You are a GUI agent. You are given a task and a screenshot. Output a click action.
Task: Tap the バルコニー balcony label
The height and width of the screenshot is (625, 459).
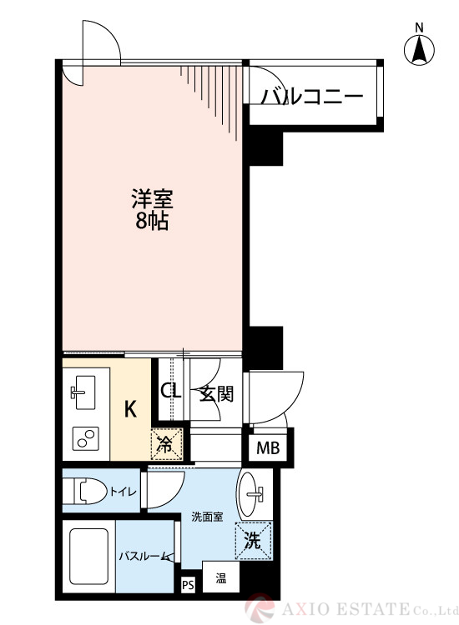(x=312, y=97)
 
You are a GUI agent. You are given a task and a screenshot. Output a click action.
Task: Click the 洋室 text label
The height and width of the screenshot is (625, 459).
(x=151, y=200)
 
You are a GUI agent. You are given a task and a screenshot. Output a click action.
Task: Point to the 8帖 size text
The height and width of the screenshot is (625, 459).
(x=151, y=222)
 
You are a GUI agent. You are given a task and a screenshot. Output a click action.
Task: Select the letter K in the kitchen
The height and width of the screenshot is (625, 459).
(x=131, y=409)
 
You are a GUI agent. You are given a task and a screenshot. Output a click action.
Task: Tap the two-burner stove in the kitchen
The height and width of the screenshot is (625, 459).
(x=84, y=437)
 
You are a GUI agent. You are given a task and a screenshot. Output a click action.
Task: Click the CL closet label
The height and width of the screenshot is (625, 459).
(x=170, y=392)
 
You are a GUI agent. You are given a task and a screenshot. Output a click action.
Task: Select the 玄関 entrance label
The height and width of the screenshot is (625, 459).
(x=215, y=392)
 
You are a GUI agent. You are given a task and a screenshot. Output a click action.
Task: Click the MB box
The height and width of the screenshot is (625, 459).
(x=268, y=449)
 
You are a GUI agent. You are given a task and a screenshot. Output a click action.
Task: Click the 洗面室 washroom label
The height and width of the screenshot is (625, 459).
(x=205, y=517)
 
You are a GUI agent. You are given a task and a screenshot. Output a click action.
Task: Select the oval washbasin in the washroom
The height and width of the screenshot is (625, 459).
(x=250, y=495)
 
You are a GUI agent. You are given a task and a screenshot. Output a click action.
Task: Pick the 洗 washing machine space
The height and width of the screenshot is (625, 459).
(x=252, y=540)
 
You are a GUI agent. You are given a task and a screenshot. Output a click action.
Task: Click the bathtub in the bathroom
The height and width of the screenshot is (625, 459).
(x=88, y=557)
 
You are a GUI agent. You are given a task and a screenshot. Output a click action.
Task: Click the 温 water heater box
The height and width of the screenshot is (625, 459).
(x=221, y=577)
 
